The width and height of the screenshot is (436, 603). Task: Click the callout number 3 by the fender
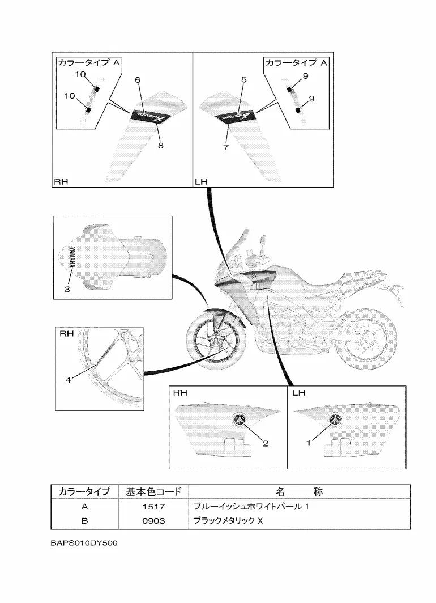tap(66, 289)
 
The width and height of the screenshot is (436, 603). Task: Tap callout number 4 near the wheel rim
tap(68, 380)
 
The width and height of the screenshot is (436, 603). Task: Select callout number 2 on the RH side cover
tap(265, 444)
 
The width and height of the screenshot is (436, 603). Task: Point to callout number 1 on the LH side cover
tap(309, 444)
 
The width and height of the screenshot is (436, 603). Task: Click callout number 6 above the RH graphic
tap(138, 80)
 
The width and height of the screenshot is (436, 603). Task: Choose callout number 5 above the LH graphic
tap(244, 80)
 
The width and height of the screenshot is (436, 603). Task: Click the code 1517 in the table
tap(153, 507)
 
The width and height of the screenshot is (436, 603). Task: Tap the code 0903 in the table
tap(153, 521)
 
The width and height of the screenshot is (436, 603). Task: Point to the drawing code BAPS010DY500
tap(83, 543)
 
